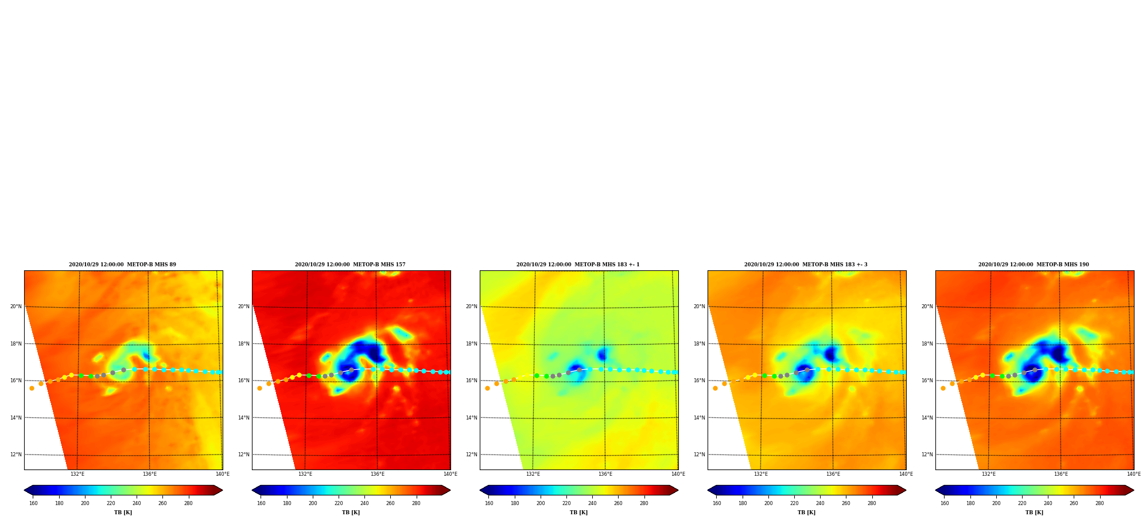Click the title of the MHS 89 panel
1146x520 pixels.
(122, 265)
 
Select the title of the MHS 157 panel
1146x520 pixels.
(350, 265)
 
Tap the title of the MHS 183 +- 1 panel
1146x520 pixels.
(578, 265)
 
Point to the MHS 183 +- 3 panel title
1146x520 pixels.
(806, 265)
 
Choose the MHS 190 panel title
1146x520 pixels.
(1034, 265)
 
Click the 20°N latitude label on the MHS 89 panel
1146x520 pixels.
(16, 306)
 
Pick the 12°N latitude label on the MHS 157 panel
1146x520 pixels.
(244, 455)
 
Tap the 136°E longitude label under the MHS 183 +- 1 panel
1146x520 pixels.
(605, 474)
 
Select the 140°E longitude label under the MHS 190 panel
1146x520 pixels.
(1133, 474)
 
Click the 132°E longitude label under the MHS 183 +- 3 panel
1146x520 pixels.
(760, 474)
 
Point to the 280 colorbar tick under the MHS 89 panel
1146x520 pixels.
(188, 503)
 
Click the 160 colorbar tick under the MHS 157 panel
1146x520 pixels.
(261, 503)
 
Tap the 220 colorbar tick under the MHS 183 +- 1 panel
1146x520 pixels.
(566, 503)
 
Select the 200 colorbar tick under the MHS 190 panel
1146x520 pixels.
(996, 503)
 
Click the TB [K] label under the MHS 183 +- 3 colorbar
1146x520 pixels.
(806, 513)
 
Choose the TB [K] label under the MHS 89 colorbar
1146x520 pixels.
(123, 513)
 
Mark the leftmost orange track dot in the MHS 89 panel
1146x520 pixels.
(32, 388)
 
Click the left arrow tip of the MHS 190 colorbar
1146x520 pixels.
(935, 490)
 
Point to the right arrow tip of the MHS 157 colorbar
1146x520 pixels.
(450, 490)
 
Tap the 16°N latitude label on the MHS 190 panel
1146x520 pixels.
(927, 381)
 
